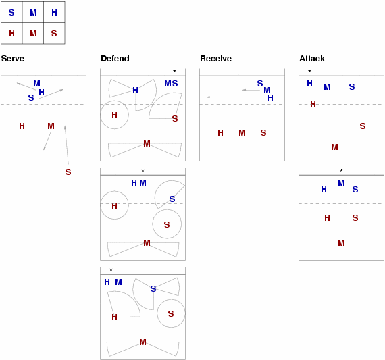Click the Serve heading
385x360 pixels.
click(13, 59)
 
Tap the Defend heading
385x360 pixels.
click(115, 59)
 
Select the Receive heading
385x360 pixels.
click(216, 59)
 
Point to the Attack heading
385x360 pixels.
click(312, 59)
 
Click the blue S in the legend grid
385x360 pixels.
click(11, 13)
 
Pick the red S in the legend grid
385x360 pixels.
click(54, 33)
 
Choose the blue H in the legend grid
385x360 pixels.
click(54, 13)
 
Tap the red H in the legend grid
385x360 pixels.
click(11, 33)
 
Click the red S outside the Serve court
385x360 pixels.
click(68, 172)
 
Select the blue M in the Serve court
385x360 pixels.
click(37, 84)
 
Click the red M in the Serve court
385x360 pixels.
click(51, 126)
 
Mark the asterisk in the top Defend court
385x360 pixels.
click(174, 71)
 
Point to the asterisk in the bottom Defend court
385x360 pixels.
click(111, 269)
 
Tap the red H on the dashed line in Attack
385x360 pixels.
click(313, 105)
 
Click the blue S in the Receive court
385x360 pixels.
click(260, 84)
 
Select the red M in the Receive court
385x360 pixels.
click(242, 133)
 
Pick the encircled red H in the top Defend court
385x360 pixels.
click(114, 115)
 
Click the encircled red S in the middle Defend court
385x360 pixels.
click(167, 224)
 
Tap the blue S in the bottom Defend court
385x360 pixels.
click(153, 289)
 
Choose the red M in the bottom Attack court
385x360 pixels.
click(341, 243)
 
